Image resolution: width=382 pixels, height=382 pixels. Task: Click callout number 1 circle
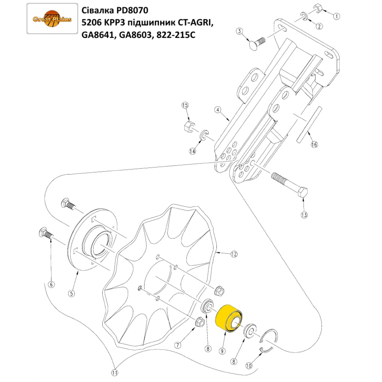click(x=337, y=16)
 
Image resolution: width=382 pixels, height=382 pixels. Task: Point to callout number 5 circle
click(x=71, y=293)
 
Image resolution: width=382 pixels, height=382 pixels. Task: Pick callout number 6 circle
click(x=51, y=284)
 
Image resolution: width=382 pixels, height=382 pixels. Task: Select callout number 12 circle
click(x=234, y=254)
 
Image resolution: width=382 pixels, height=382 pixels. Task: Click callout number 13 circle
click(x=304, y=215)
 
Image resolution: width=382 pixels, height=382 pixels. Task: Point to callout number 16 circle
click(x=314, y=145)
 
